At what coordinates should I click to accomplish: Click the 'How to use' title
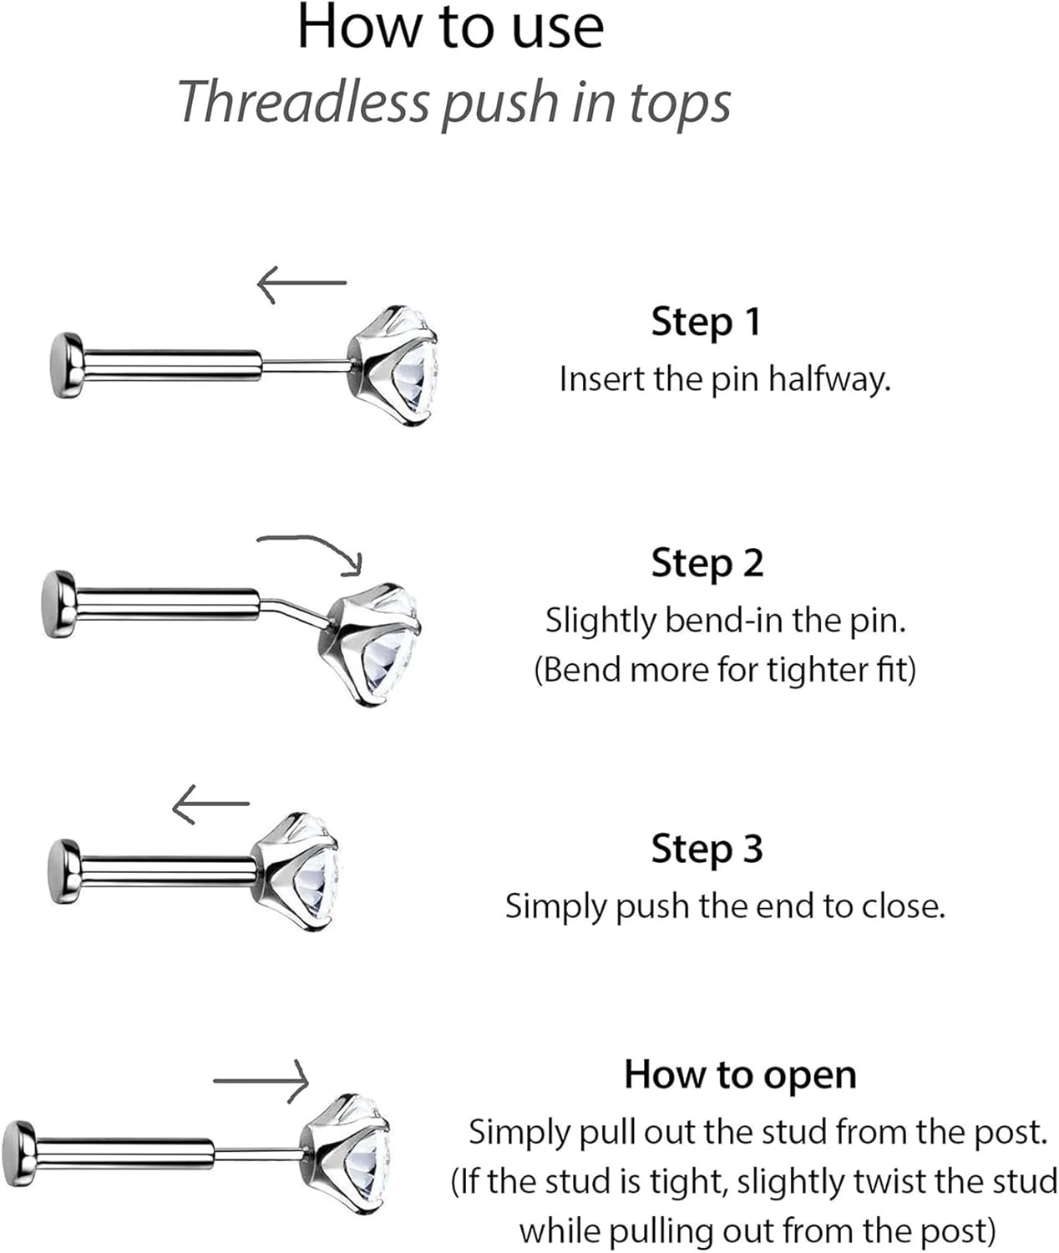(450, 28)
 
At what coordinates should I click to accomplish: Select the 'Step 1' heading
(706, 322)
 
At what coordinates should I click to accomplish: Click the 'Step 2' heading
(707, 564)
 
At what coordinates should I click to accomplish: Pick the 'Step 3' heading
(707, 850)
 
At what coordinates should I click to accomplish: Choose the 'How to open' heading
(740, 1075)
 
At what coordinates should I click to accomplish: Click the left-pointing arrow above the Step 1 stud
(301, 284)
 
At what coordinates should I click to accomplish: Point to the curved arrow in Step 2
(313, 551)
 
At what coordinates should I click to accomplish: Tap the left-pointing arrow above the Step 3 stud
(210, 804)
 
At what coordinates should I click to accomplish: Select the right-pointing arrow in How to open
(262, 1081)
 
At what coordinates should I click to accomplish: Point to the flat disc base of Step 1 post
(66, 365)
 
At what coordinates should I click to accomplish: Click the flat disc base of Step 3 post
(63, 871)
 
